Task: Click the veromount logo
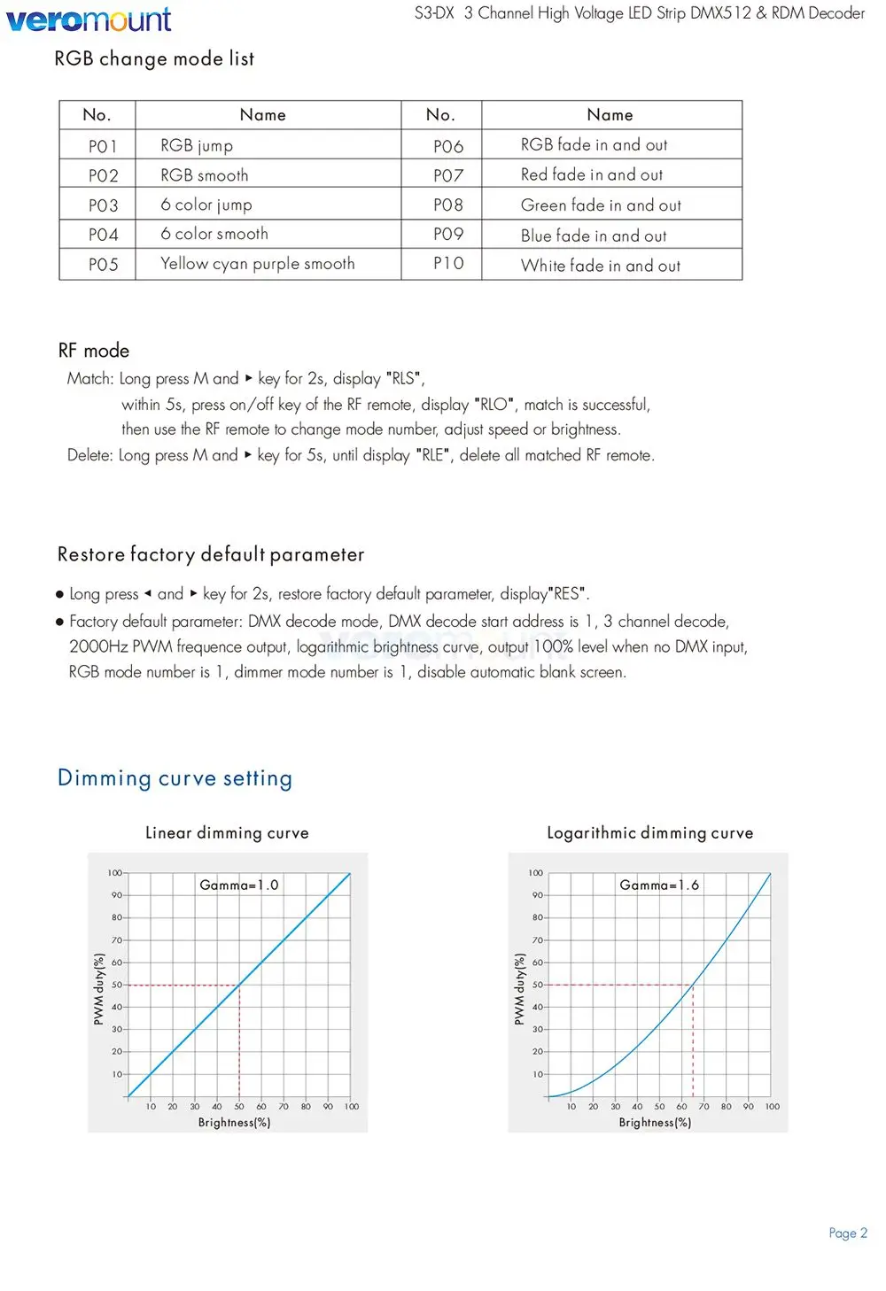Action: [89, 19]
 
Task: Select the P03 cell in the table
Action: [103, 205]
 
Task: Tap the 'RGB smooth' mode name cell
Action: [205, 175]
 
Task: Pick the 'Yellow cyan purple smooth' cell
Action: [257, 264]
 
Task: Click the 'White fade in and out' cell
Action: [601, 266]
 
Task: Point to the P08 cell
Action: [447, 205]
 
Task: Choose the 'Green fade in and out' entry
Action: [601, 205]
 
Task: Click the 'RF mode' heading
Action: [94, 351]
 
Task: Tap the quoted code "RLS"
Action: [403, 379]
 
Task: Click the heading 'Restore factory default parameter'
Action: [211, 555]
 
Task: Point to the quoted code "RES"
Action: [567, 594]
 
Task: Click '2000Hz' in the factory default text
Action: [98, 647]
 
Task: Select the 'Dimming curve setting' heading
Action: [175, 778]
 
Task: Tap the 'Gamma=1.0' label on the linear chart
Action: [239, 885]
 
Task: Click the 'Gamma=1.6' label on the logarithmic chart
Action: [659, 885]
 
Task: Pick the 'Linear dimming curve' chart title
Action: [227, 833]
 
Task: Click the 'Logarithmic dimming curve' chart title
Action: [649, 833]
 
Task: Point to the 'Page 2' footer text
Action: [848, 1233]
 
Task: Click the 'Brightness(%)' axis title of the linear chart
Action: [234, 1123]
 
